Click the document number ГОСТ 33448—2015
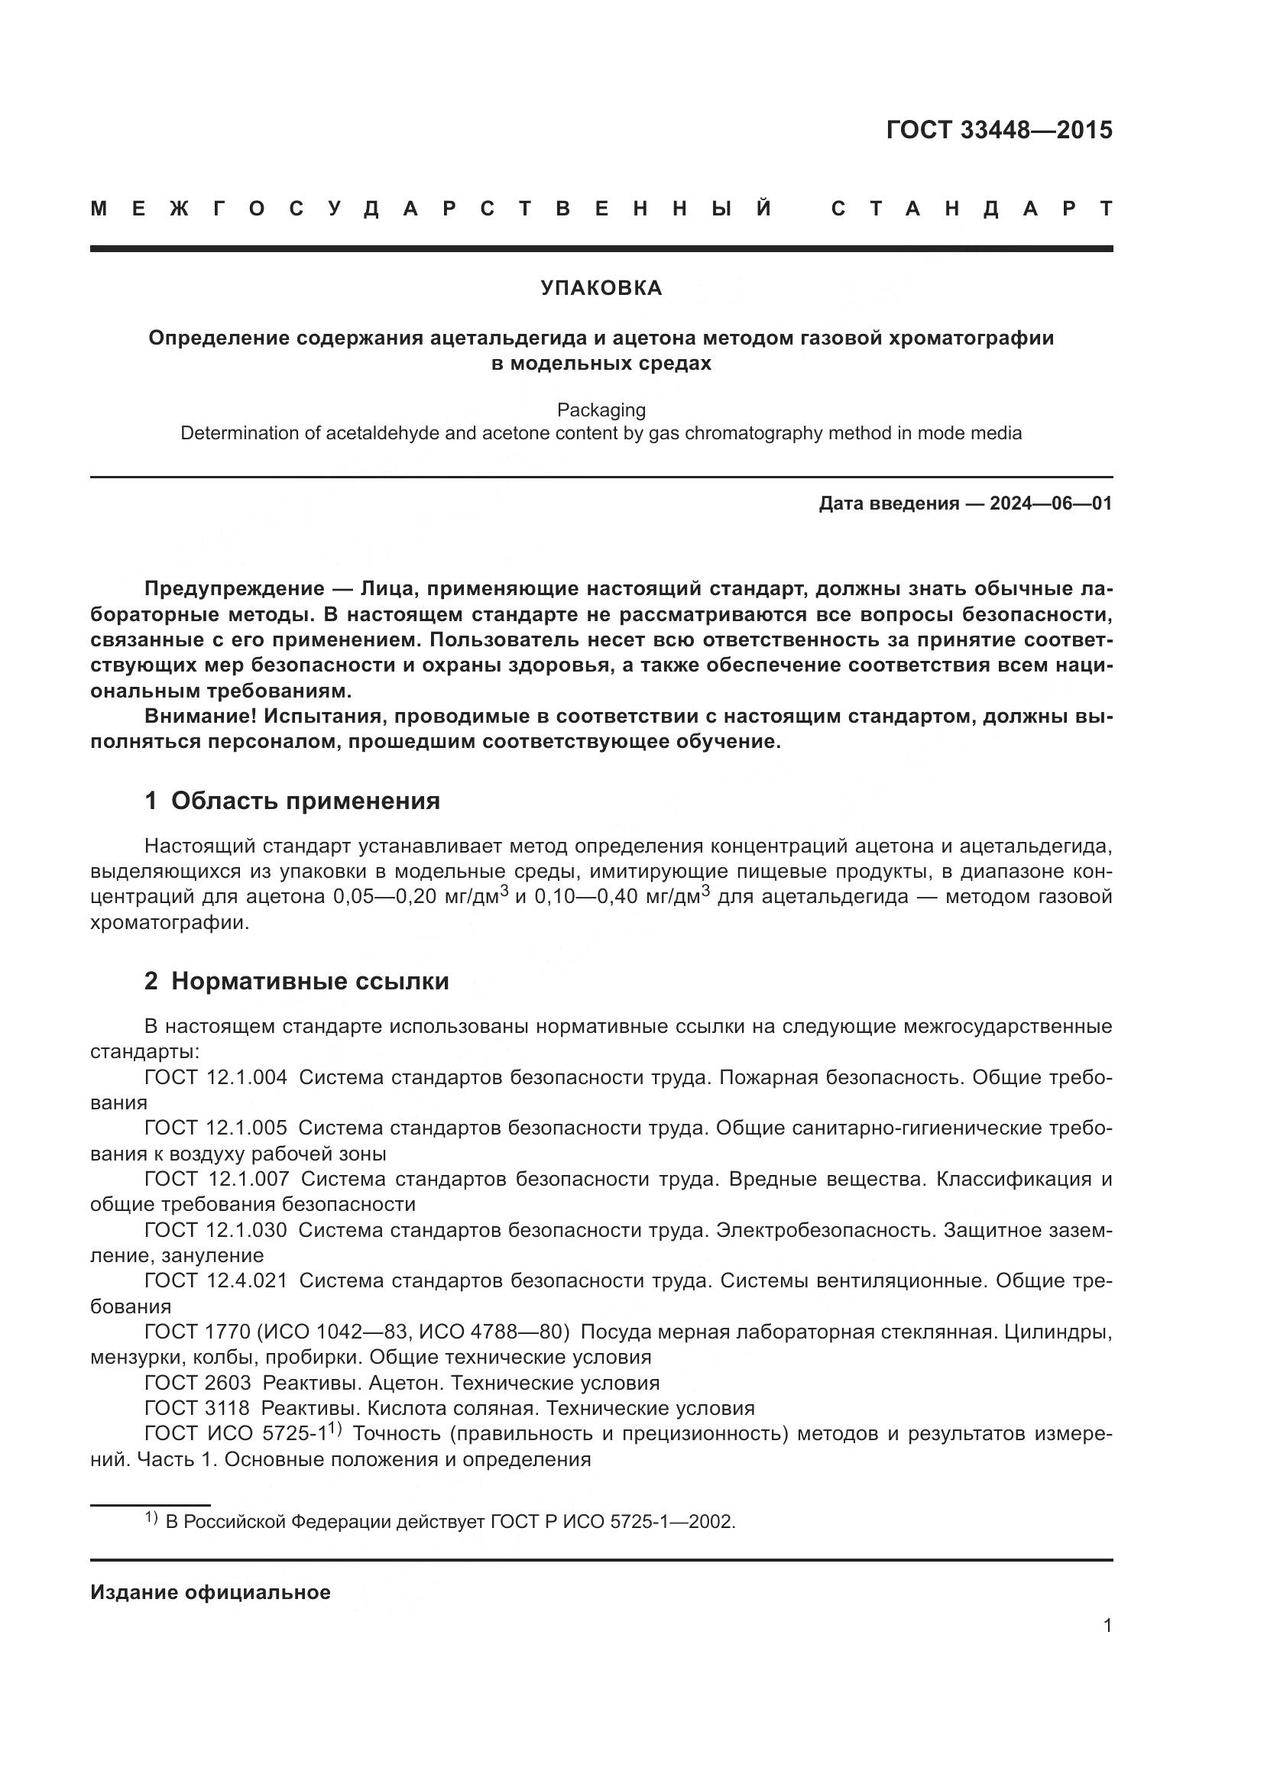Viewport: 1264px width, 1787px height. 999,130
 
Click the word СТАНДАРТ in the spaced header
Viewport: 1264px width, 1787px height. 971,209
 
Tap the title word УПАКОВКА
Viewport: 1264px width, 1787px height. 601,289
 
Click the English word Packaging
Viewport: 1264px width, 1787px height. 601,410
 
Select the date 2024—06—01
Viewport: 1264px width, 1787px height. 1051,503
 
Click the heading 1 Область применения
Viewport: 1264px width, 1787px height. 292,801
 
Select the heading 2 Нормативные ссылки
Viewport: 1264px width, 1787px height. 297,982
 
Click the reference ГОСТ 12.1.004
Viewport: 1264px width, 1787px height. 216,1078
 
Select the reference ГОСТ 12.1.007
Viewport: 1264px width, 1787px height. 216,1179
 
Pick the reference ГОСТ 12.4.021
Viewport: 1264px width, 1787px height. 216,1280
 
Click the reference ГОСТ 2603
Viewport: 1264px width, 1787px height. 198,1383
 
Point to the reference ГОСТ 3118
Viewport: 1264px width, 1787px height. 197,1408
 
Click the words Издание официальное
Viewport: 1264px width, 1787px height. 210,1592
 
